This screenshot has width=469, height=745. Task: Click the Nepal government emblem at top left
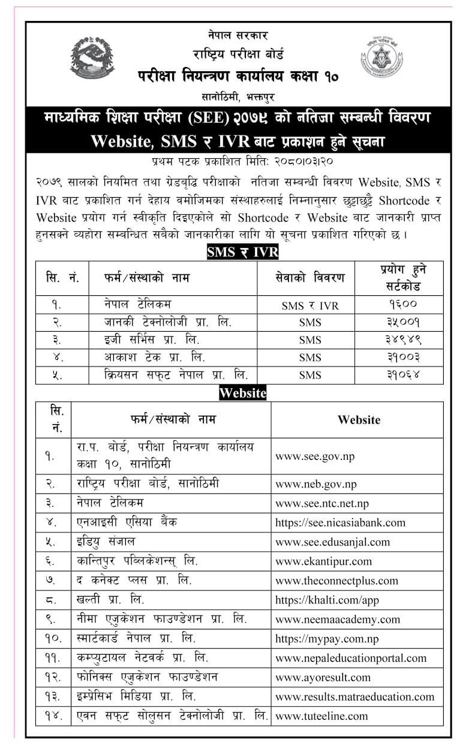click(x=92, y=58)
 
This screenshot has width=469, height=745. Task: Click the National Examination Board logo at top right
click(x=381, y=58)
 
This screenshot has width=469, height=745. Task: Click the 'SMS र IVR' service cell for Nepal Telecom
click(x=310, y=305)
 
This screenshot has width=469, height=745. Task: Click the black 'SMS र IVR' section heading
click(x=242, y=252)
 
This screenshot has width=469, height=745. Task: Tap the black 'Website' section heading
click(x=242, y=393)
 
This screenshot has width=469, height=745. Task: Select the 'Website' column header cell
click(x=359, y=420)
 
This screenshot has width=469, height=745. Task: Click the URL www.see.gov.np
click(x=315, y=456)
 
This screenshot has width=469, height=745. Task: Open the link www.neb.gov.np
click(x=316, y=484)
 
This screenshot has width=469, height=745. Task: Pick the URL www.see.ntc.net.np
click(x=322, y=503)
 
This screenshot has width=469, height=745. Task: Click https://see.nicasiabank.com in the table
click(x=340, y=523)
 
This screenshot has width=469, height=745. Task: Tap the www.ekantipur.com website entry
click(x=323, y=561)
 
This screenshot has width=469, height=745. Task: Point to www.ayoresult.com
click(x=323, y=677)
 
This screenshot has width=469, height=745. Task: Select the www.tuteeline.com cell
click(x=321, y=715)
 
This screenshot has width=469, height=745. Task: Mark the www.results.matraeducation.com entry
click(x=354, y=696)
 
